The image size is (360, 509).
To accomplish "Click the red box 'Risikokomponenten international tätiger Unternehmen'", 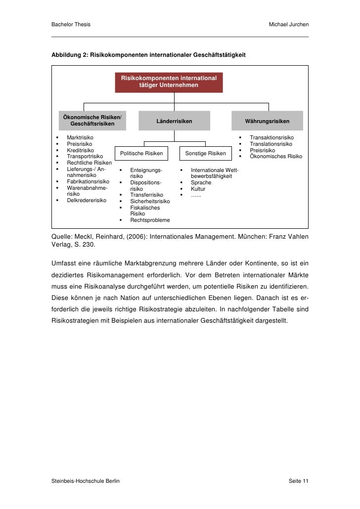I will pyautogui.click(x=169, y=82).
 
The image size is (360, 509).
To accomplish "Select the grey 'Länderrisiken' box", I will pyautogui.click(x=174, y=121).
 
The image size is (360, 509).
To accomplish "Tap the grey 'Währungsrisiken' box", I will pyautogui.click(x=267, y=121).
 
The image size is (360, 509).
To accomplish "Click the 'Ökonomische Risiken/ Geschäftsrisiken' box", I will pyautogui.click(x=92, y=120).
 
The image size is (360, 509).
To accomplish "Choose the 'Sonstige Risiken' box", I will pyautogui.click(x=205, y=153).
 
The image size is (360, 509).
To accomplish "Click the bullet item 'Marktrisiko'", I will pyautogui.click(x=80, y=137).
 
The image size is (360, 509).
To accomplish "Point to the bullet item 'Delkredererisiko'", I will pyautogui.click(x=87, y=201).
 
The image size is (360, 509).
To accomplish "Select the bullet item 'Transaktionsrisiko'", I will pyautogui.click(x=271, y=137).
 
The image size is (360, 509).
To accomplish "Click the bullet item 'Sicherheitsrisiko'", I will pyautogui.click(x=150, y=202).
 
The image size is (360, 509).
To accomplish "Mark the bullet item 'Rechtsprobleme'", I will pyautogui.click(x=150, y=220).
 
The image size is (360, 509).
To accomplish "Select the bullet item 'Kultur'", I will pyautogui.click(x=198, y=189).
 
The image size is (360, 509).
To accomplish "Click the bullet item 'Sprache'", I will pyautogui.click(x=201, y=183).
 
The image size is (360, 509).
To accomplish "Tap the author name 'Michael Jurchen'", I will pyautogui.click(x=288, y=25).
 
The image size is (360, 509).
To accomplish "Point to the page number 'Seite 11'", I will pyautogui.click(x=298, y=481).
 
